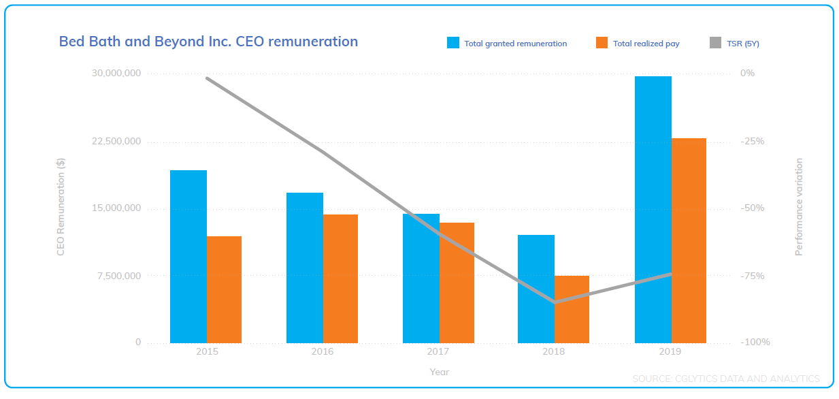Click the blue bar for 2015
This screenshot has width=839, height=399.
188,256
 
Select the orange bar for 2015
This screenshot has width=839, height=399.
224,289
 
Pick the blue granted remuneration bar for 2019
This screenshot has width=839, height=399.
653,209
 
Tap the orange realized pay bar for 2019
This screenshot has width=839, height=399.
689,240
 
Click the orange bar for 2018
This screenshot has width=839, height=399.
572,309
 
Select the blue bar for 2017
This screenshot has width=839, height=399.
421,278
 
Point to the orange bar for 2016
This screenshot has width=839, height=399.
340,278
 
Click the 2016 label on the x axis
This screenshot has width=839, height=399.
322,352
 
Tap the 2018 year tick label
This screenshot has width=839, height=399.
554,352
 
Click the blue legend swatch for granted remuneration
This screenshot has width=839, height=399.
453,43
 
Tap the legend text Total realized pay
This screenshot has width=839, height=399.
646,44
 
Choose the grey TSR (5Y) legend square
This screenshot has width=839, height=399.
715,43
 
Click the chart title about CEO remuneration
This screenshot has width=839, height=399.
208,42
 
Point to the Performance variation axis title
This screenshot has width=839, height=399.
799,207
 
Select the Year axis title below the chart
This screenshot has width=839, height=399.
439,372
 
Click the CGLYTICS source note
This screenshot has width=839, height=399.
725,379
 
